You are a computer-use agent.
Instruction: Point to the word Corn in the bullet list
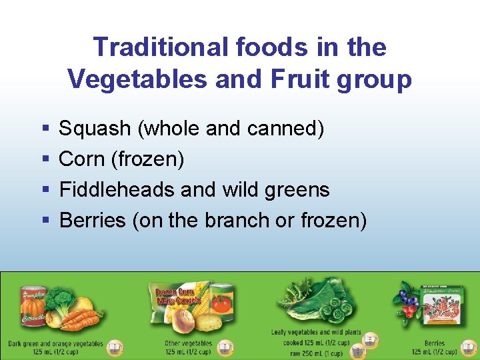pyautogui.click(x=82, y=159)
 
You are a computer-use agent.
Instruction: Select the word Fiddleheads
pyautogui.click(x=117, y=189)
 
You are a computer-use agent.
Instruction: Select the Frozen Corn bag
pyautogui.click(x=175, y=299)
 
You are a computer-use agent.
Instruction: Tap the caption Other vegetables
pyautogui.click(x=189, y=343)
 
